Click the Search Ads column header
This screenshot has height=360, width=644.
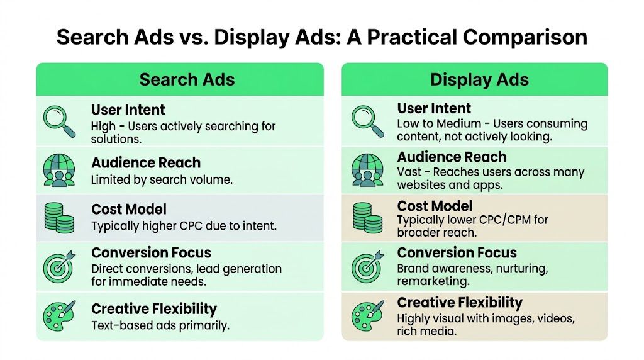(x=187, y=80)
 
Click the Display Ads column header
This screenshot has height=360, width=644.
(x=479, y=80)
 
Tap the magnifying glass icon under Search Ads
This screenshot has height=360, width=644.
(x=58, y=121)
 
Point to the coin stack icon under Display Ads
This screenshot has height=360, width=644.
(x=368, y=218)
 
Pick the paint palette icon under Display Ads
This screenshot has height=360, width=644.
(x=368, y=315)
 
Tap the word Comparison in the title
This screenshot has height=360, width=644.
(x=525, y=37)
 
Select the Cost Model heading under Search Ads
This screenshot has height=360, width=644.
(x=128, y=210)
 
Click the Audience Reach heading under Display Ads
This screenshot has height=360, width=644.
(x=452, y=157)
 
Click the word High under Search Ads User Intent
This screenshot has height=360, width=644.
(x=104, y=126)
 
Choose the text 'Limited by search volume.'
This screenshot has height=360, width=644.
(x=162, y=179)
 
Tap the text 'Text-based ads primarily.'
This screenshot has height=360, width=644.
(x=160, y=325)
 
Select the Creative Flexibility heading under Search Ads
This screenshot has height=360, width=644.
(x=154, y=309)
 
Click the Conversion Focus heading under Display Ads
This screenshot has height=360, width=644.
(x=457, y=253)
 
